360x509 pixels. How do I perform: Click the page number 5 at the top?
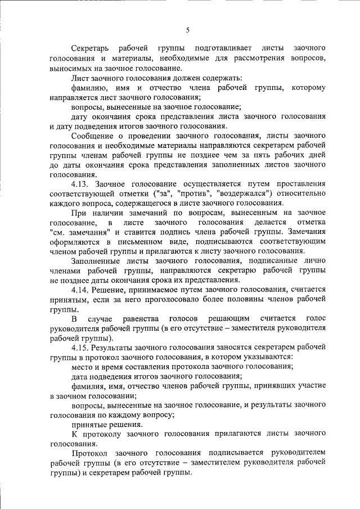(188, 30)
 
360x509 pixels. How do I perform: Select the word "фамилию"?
(87, 88)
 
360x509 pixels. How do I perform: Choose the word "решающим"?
(229, 319)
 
